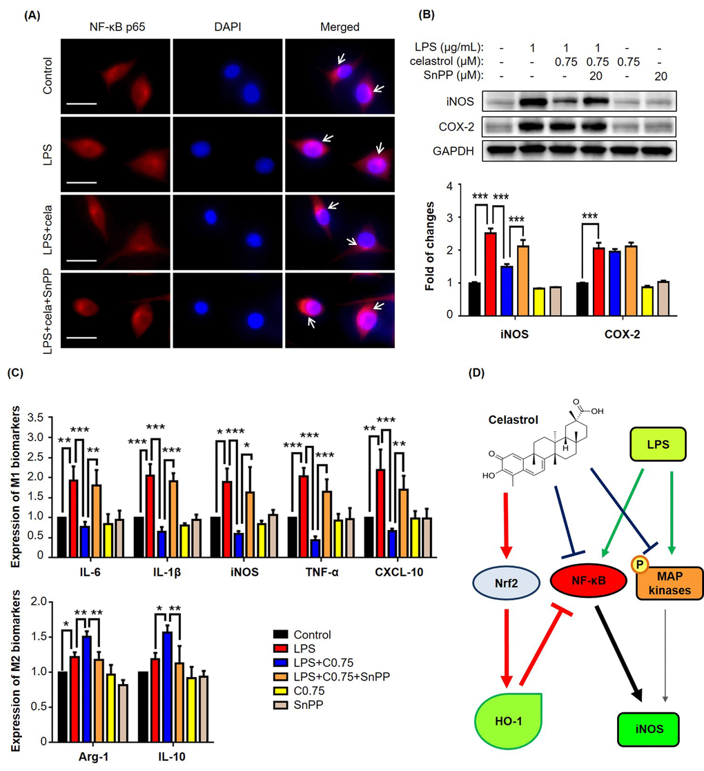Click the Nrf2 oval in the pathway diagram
click(x=507, y=583)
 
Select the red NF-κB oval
click(x=589, y=580)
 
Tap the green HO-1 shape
click(x=509, y=721)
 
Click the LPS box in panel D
click(x=658, y=444)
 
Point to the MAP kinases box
click(x=669, y=583)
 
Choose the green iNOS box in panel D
click(x=649, y=729)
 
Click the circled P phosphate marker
click(x=640, y=565)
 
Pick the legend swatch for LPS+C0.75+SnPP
click(x=280, y=676)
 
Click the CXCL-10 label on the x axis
click(x=399, y=572)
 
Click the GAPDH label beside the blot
click(x=453, y=151)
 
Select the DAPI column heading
click(x=228, y=26)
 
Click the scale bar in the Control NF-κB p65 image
click(x=81, y=104)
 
